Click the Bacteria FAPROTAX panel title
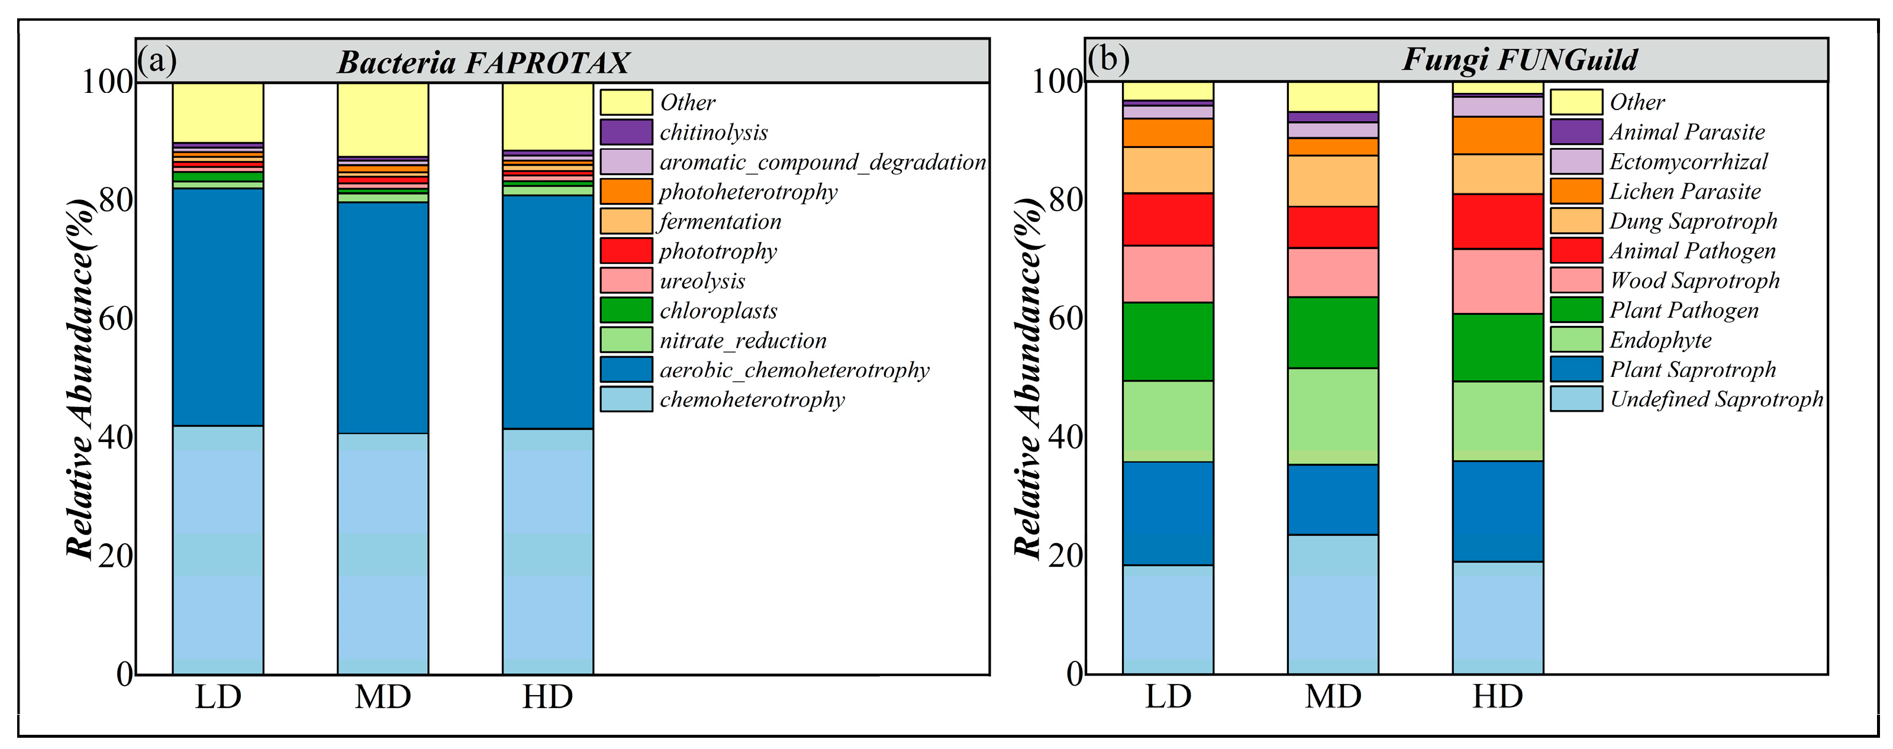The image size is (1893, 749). click(483, 63)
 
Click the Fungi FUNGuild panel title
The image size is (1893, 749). click(1519, 60)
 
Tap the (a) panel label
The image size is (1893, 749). click(157, 60)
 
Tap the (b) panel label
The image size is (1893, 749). click(1108, 59)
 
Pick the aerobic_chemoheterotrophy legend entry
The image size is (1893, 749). click(794, 370)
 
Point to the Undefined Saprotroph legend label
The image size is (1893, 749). click(1716, 399)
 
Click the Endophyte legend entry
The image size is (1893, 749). click(1660, 340)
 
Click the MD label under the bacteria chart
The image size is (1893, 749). click(382, 697)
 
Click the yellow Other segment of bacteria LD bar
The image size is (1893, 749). click(218, 112)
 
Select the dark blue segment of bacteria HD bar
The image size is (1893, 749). click(547, 312)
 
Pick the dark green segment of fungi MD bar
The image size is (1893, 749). click(1332, 332)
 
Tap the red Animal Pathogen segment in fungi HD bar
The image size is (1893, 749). click(1497, 221)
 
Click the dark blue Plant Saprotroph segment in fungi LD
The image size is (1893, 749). click(1167, 513)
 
